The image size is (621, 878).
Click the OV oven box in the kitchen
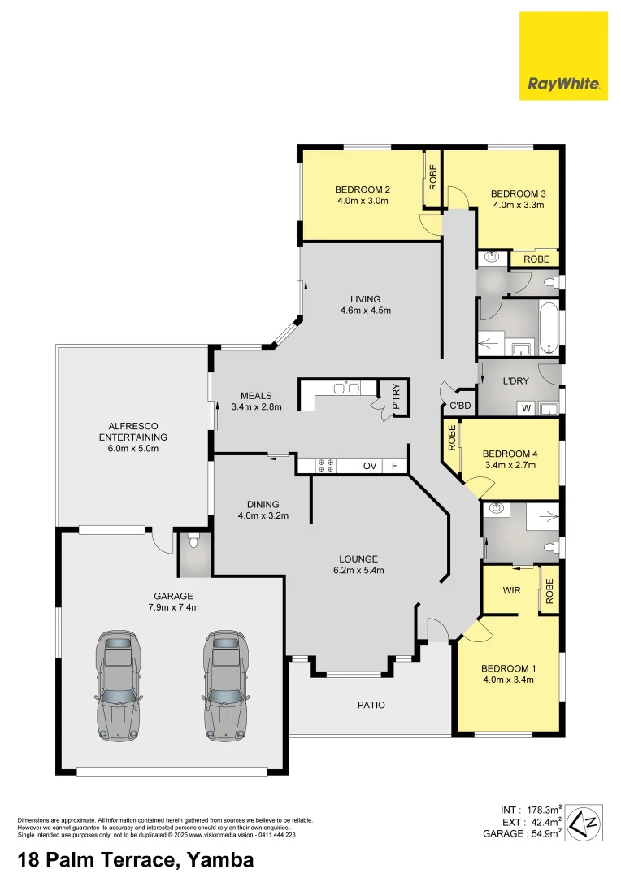[369, 466]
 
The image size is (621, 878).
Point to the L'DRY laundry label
[516, 381]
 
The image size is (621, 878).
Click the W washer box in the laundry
[526, 408]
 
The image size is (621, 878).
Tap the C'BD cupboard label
[460, 406]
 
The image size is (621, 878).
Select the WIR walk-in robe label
[511, 589]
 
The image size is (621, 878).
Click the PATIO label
[371, 705]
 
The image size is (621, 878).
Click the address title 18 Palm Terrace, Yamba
[136, 859]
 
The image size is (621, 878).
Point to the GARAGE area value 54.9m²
[547, 833]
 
